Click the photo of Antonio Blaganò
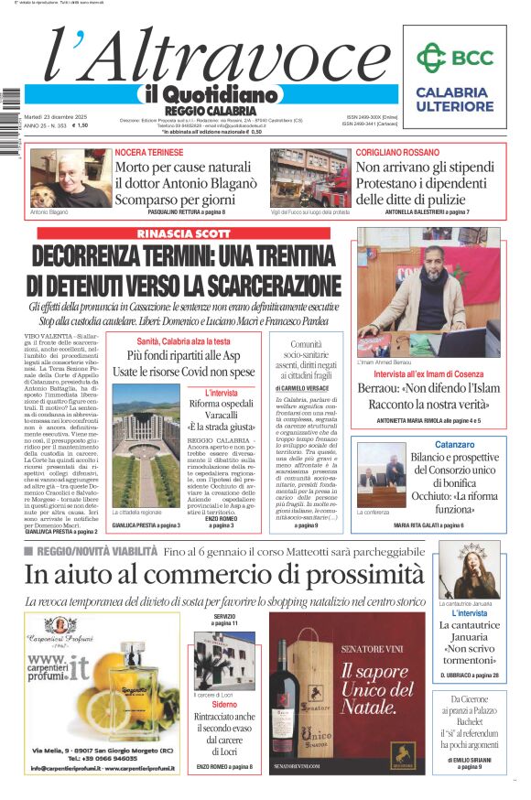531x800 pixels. (x=70, y=178)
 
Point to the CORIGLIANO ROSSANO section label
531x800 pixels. (x=399, y=150)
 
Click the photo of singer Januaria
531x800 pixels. (x=468, y=570)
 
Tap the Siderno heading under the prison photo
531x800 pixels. (x=224, y=705)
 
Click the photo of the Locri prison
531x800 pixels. (x=224, y=661)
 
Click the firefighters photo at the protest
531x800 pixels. (x=309, y=178)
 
